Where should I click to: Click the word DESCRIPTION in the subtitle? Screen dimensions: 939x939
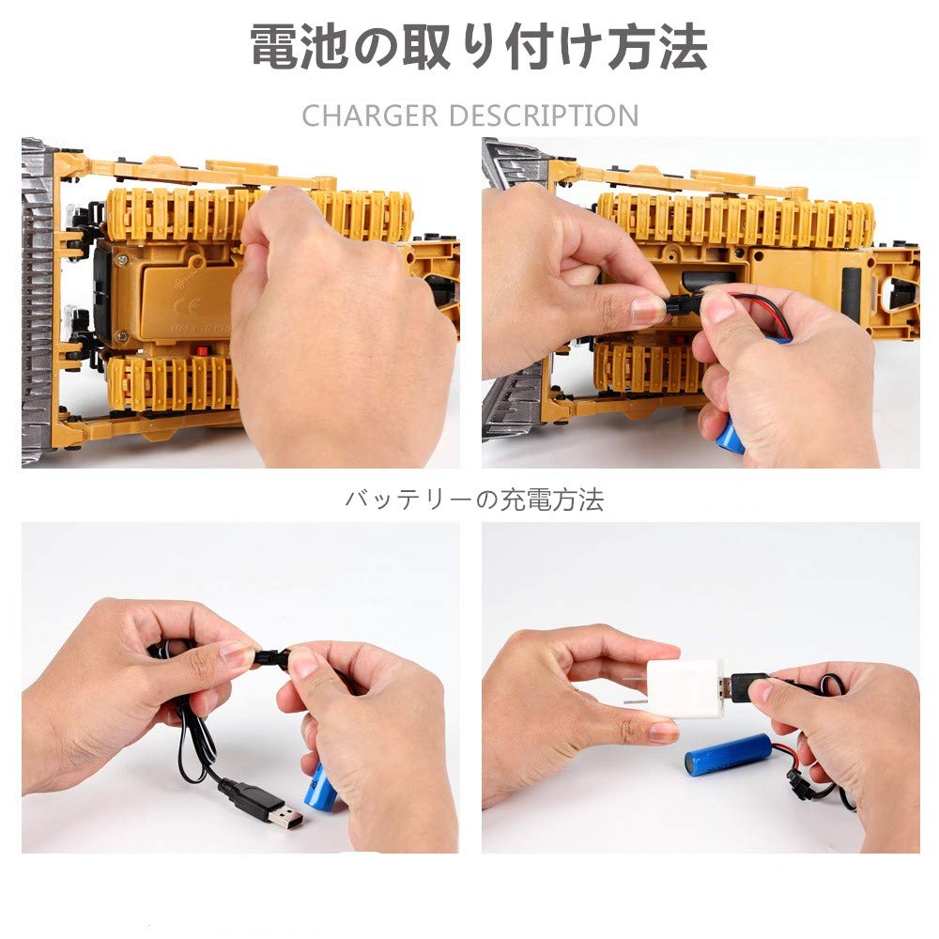(544, 116)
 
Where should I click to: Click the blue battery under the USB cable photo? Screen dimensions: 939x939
(321, 787)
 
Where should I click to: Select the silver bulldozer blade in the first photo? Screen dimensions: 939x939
(38, 300)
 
